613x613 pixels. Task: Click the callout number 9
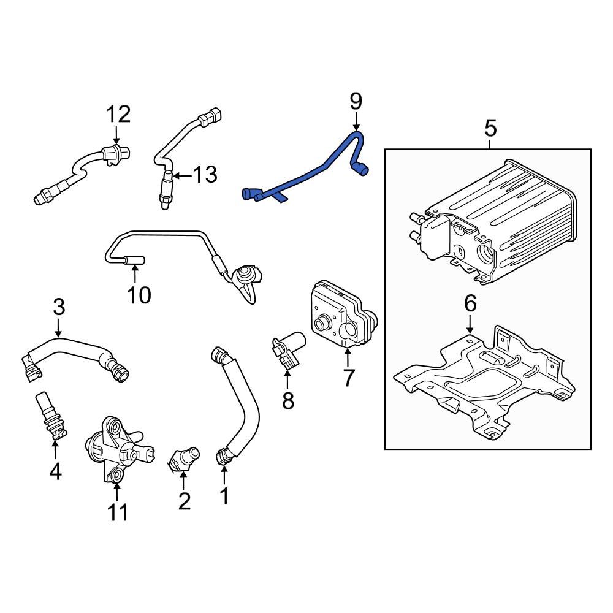click(x=356, y=101)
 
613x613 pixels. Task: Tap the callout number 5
click(x=490, y=129)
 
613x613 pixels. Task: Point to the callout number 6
click(x=470, y=302)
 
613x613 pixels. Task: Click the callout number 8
click(x=288, y=401)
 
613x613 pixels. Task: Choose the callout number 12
click(x=118, y=114)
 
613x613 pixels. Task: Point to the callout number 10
click(x=139, y=295)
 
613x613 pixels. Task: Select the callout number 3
click(x=58, y=306)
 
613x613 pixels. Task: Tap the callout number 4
click(x=55, y=472)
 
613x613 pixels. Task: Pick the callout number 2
click(x=184, y=501)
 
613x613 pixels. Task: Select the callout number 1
click(x=224, y=495)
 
